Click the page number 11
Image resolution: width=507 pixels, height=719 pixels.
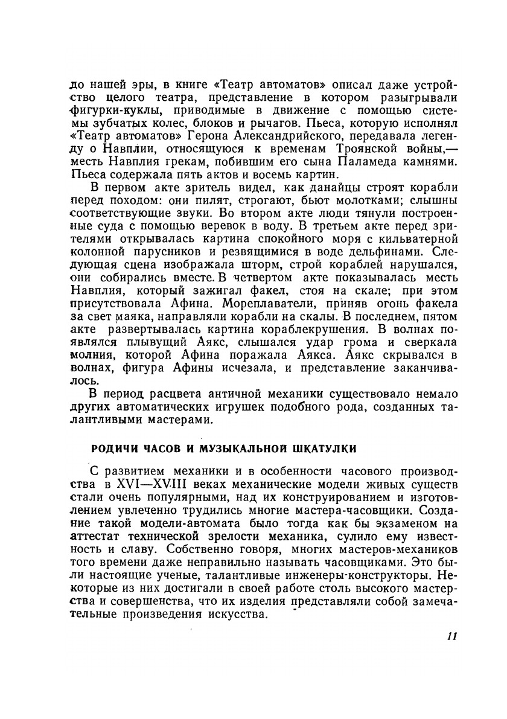(x=453, y=636)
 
